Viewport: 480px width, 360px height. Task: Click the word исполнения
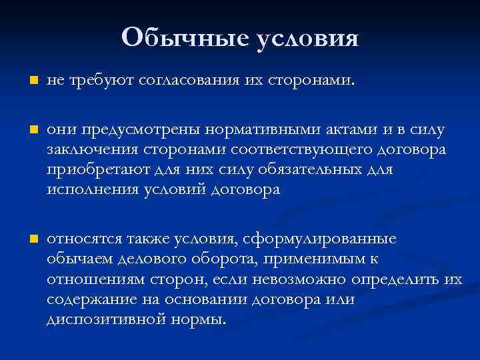(x=86, y=190)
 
